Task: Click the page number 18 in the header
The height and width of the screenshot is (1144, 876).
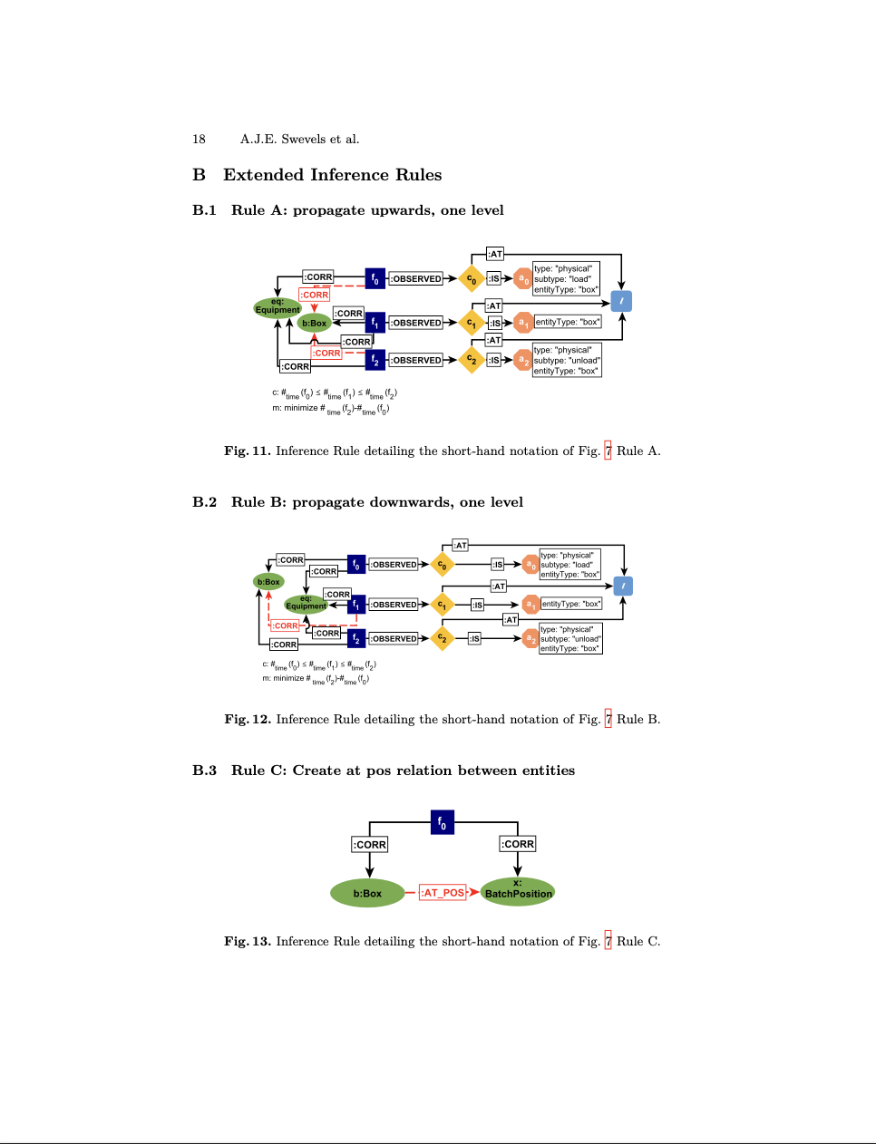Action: (199, 140)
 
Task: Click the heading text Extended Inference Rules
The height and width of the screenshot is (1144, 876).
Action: (332, 175)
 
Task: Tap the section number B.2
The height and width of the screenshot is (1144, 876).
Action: (204, 502)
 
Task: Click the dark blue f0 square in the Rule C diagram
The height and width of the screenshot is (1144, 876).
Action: (443, 822)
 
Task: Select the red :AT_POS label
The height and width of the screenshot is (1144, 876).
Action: (443, 893)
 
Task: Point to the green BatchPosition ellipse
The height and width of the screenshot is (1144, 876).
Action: (518, 892)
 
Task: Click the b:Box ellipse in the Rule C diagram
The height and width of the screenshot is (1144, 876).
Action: (367, 893)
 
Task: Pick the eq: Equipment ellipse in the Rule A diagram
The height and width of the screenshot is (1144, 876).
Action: (277, 307)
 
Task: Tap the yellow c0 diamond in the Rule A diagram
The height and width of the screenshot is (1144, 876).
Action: (472, 279)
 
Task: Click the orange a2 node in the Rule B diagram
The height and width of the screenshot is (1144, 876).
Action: (530, 638)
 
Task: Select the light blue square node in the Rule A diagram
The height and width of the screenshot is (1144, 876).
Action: (621, 301)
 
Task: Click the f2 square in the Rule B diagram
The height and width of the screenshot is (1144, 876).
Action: (356, 639)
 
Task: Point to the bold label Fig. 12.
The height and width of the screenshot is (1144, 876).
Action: (248, 720)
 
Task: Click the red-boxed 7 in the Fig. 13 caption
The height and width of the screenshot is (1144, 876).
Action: (608, 941)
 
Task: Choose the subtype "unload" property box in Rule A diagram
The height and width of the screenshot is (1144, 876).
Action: (567, 360)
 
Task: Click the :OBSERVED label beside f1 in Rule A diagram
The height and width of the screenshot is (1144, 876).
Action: (416, 323)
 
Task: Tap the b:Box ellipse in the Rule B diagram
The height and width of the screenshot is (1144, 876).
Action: (268, 582)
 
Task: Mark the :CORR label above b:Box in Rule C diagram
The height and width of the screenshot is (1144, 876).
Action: (369, 845)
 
